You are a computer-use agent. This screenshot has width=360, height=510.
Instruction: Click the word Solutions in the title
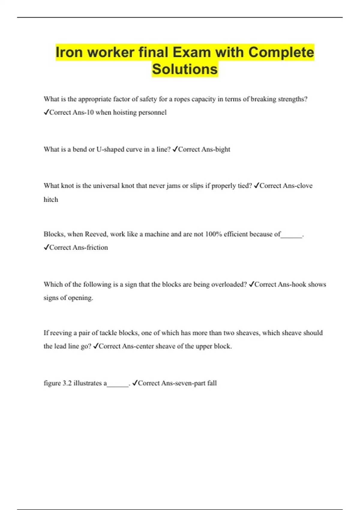(x=185, y=69)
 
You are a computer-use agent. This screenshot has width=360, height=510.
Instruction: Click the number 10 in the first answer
(x=90, y=112)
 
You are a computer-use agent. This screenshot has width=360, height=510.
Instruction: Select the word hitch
(x=51, y=200)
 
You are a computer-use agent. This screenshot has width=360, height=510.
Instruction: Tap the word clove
(x=304, y=186)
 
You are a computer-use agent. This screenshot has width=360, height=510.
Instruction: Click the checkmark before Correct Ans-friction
(x=46, y=247)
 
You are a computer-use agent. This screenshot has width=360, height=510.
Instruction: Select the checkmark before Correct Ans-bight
(x=175, y=149)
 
